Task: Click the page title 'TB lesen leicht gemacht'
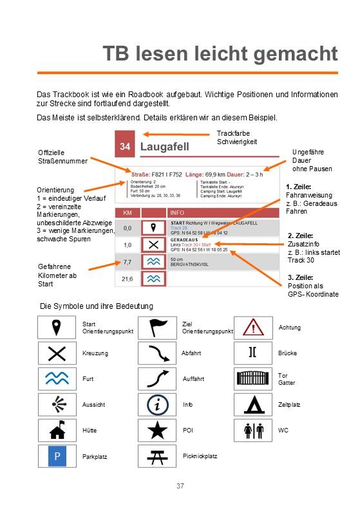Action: pyautogui.click(x=220, y=54)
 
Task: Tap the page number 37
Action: pyautogui.click(x=180, y=485)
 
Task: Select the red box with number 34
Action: pyautogui.click(x=126, y=147)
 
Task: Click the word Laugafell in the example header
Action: pyautogui.click(x=164, y=147)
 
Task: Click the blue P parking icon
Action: pyautogui.click(x=57, y=456)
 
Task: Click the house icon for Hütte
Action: pyautogui.click(x=57, y=430)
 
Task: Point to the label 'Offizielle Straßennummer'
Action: pyautogui.click(x=62, y=156)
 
